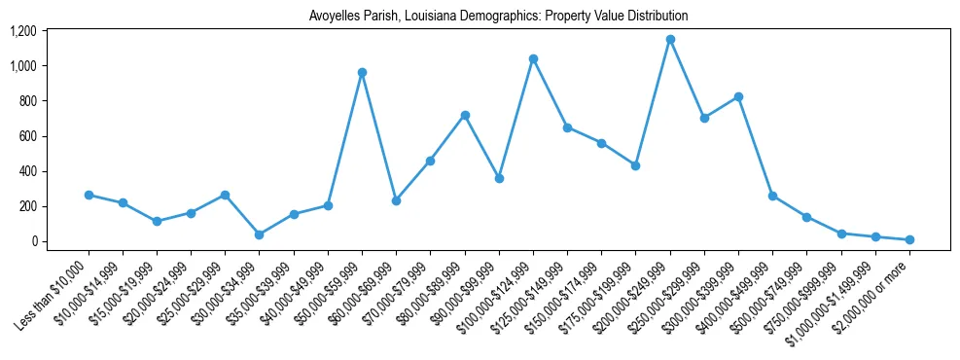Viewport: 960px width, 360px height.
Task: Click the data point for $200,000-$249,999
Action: pos(670,40)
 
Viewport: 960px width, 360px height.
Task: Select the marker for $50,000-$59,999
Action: pos(362,72)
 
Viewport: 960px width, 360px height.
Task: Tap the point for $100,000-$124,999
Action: pos(533,58)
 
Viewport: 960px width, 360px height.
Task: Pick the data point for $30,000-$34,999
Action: pos(259,234)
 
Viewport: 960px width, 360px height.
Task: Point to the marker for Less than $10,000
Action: pos(89,195)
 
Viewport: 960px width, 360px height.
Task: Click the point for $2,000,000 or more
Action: pos(909,239)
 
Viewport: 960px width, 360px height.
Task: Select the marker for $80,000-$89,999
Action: pos(465,115)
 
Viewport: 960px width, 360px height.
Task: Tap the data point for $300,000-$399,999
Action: pos(738,96)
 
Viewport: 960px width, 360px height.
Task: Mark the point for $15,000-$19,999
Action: pos(157,221)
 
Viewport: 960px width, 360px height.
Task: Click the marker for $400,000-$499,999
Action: pos(772,196)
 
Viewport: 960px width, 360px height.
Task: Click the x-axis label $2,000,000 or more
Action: pos(875,292)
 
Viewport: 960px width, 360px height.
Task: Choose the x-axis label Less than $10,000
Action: pos(53,292)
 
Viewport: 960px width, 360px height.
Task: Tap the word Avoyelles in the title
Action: pos(334,17)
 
